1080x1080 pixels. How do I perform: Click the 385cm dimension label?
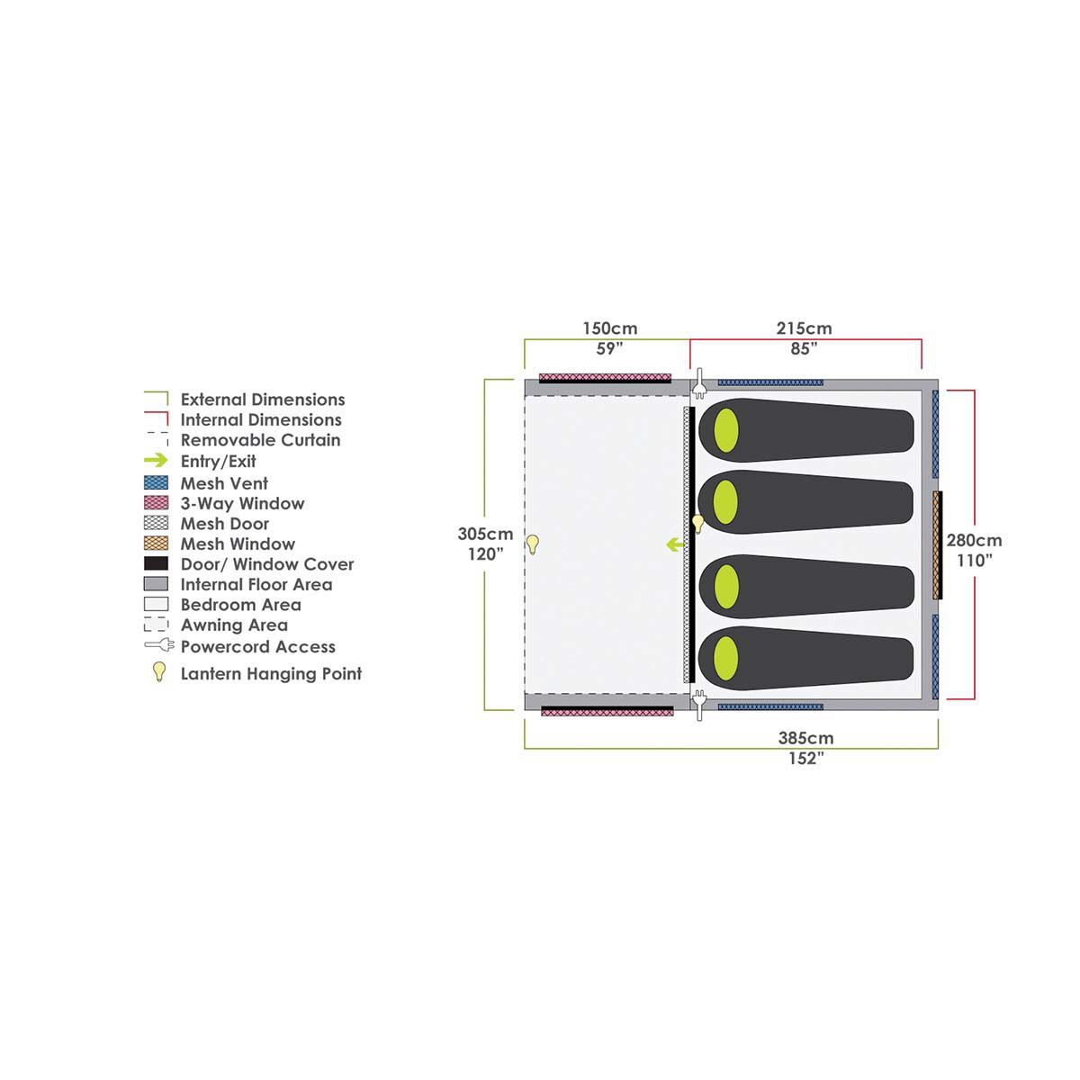[805, 738]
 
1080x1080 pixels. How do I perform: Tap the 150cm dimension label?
[609, 328]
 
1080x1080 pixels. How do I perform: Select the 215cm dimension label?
[804, 328]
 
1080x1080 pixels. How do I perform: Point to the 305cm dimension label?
[484, 534]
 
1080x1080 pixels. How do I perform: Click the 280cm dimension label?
[974, 541]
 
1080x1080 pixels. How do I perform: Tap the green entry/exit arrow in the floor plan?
[673, 544]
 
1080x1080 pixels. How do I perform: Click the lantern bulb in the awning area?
[533, 543]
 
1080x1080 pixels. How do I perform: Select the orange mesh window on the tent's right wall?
[937, 544]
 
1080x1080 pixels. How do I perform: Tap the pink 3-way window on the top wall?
[605, 376]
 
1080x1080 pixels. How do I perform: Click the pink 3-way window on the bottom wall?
[607, 711]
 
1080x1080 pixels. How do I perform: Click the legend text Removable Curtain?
[260, 440]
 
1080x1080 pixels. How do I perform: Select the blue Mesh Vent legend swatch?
[156, 483]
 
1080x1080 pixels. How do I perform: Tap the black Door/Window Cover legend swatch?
[156, 564]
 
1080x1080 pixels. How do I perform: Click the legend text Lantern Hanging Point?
[271, 673]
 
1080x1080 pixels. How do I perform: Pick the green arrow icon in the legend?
[156, 461]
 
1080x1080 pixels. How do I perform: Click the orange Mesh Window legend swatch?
[156, 544]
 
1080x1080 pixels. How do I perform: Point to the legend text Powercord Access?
[257, 646]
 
